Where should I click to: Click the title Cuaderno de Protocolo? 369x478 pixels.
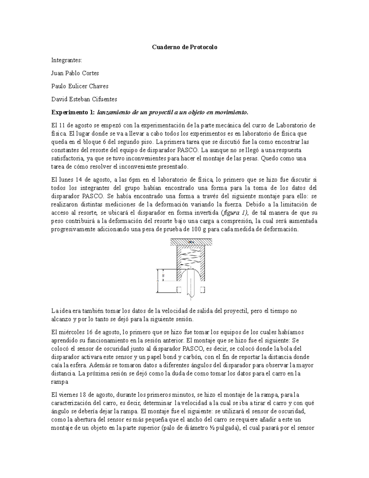tap(185, 47)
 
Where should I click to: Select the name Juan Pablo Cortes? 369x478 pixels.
tap(75, 73)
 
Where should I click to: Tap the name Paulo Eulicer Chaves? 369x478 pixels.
tap(80, 86)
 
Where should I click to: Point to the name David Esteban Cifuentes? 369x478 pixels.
tap(84, 99)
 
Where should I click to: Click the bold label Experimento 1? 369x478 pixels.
tap(73, 112)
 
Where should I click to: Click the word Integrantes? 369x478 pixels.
tap(67, 60)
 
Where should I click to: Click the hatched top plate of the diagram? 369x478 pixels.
tap(191, 242)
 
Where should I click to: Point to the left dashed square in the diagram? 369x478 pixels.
tap(179, 290)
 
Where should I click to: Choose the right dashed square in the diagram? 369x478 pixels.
tap(203, 290)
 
